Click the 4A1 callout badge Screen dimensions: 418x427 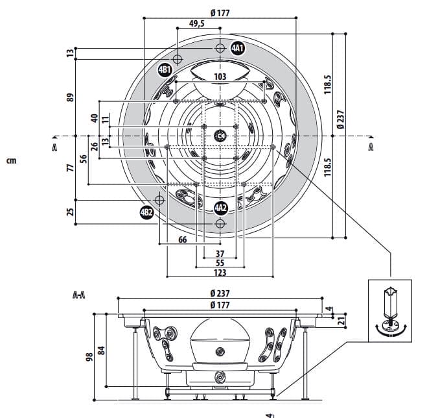pos(238,48)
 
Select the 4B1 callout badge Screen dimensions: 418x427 pos(165,69)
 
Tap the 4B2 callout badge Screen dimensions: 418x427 pos(147,212)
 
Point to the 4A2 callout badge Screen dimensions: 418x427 pos(221,208)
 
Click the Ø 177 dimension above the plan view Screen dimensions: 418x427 pos(220,12)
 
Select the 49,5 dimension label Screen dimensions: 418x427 pos(197,23)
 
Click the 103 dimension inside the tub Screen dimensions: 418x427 pos(220,77)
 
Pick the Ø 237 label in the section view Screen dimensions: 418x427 pos(220,293)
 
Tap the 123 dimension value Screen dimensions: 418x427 pos(220,273)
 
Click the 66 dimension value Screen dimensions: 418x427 pos(182,240)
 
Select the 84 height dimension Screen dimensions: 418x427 pos(101,351)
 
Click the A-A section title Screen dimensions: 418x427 pos(80,294)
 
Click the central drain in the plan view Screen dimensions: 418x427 pos(220,136)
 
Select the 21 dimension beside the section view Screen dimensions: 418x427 pos(341,319)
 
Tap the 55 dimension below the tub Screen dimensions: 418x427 pos(220,263)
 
